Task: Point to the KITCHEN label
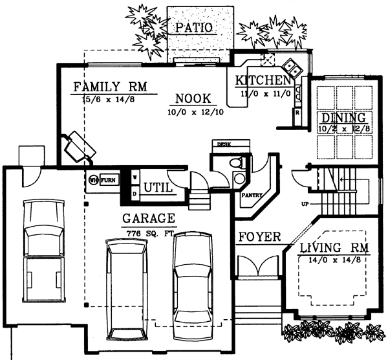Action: click(263, 81)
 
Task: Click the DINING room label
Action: click(343, 118)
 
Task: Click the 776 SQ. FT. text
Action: click(149, 231)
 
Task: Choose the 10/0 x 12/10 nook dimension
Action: click(194, 112)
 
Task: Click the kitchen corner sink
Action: click(290, 67)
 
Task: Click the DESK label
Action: click(224, 144)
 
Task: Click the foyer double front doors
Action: click(257, 265)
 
